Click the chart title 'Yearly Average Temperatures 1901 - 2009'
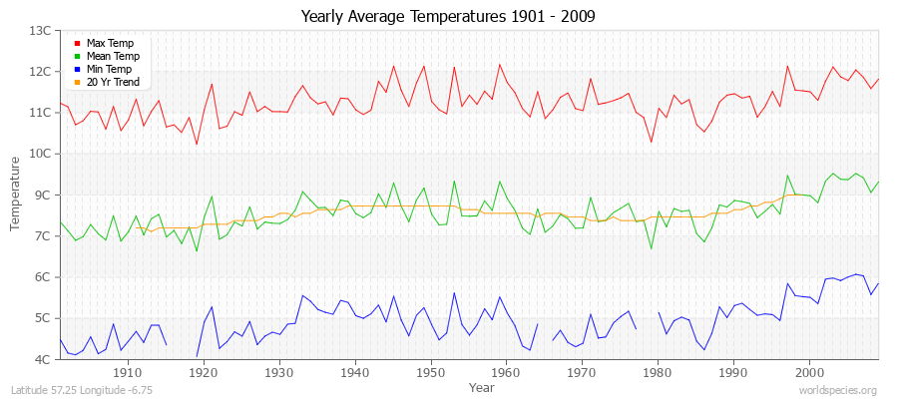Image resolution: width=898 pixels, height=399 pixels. pos(448,17)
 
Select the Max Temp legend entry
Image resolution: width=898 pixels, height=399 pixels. pos(110,43)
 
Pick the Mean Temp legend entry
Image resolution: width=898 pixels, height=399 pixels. pos(113,56)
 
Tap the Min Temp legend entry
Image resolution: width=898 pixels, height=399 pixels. pos(110,69)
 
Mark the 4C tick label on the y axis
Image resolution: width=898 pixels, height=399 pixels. pos(42,359)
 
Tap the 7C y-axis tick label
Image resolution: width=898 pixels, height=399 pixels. pos(42,236)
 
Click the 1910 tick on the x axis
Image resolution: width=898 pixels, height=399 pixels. pos(128,372)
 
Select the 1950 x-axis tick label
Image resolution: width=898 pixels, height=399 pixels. pos(430,372)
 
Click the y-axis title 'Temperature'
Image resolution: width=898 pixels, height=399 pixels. pos(16,196)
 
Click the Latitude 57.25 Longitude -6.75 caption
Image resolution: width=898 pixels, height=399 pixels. pos(82,390)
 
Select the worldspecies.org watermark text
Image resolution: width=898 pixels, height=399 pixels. pos(839,390)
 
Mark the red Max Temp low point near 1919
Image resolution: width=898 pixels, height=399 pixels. pos(197,145)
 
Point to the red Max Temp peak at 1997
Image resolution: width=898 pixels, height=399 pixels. pos(787,66)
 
